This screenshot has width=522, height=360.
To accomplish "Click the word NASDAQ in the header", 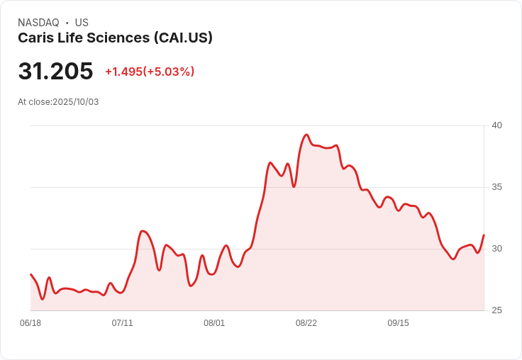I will (38, 23).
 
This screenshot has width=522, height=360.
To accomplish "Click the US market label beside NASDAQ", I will (82, 23).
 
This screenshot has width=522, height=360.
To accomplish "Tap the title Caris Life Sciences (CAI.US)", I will (115, 38).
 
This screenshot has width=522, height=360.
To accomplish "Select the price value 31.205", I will (55, 71).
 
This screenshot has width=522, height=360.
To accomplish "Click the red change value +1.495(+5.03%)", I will (150, 72).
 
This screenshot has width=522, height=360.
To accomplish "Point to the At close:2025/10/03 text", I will (58, 102).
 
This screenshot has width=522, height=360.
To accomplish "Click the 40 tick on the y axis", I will (496, 125).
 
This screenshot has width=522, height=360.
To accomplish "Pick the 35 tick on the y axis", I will (496, 187).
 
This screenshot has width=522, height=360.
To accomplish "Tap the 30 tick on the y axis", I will (496, 249).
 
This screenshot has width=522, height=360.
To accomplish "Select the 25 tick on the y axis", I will (496, 310).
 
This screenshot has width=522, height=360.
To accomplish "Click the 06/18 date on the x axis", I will (30, 323).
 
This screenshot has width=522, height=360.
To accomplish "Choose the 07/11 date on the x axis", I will (123, 323).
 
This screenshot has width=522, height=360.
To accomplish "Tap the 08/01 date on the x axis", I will (214, 323).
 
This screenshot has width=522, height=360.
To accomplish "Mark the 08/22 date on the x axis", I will (306, 323).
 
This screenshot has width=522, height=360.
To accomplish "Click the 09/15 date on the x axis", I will (398, 323).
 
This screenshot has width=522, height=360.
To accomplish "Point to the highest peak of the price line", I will (306, 135).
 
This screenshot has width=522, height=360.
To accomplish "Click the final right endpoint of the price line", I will (484, 235).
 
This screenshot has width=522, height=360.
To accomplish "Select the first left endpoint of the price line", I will (30, 274).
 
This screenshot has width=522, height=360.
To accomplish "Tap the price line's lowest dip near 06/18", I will (43, 299).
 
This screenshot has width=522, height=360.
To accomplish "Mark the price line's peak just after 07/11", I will (143, 231).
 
